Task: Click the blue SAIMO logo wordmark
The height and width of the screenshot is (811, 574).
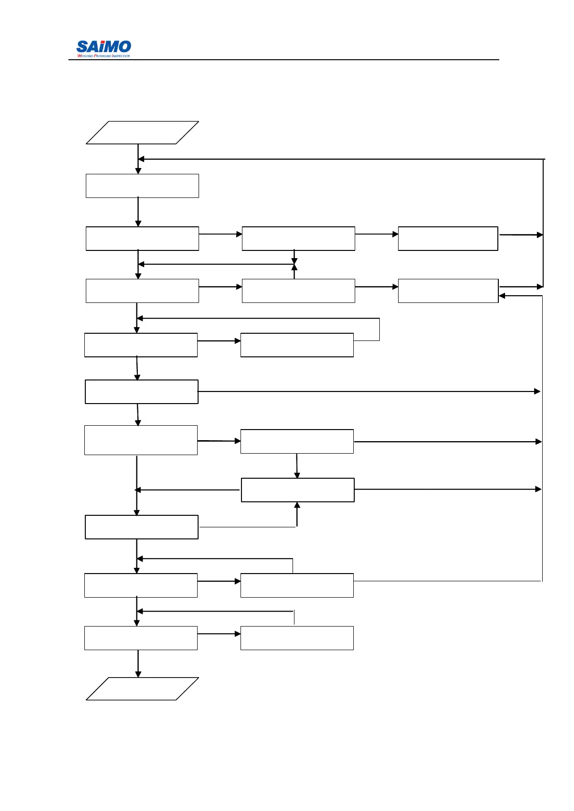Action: click(x=104, y=47)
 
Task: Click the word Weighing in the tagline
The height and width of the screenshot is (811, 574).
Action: click(x=85, y=56)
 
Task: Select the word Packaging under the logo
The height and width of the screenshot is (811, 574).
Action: click(x=102, y=56)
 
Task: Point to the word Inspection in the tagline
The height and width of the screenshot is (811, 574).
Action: click(x=121, y=56)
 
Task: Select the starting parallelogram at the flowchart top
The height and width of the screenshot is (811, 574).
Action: click(x=142, y=132)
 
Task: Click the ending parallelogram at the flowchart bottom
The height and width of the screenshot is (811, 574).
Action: click(x=142, y=689)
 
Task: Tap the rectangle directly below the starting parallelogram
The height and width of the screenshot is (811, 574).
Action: click(x=142, y=186)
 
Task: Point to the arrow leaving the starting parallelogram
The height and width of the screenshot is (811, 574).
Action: click(x=138, y=159)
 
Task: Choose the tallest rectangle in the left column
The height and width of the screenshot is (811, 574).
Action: click(x=141, y=440)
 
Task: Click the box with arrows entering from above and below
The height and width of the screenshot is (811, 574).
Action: click(x=297, y=490)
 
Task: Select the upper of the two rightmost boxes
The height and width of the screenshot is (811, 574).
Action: click(x=448, y=238)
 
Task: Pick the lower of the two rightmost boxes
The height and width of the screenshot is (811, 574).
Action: click(x=448, y=291)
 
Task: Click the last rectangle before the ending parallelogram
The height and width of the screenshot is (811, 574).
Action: click(x=141, y=638)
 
